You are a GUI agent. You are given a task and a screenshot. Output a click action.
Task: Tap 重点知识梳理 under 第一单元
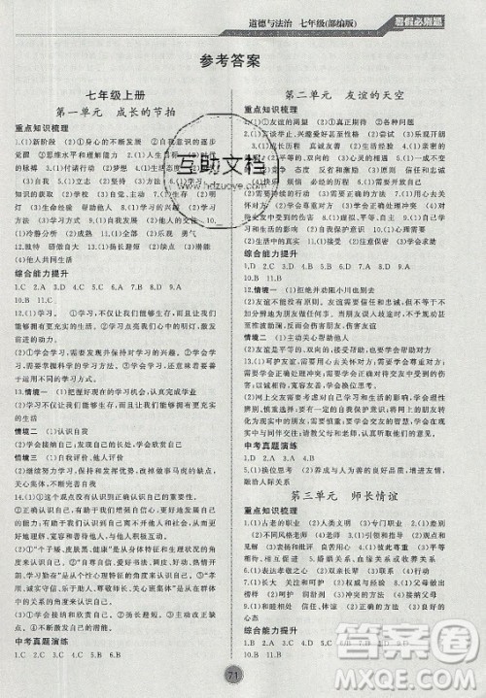click(x=39, y=128)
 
